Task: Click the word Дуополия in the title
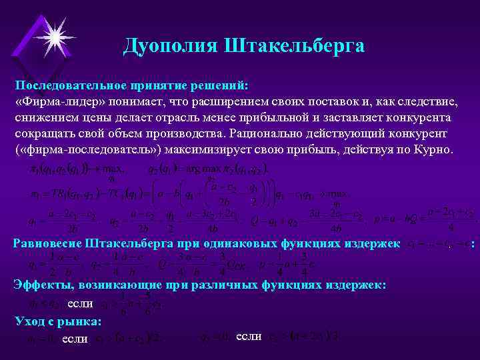coord(171,46)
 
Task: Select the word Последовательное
coord(73,86)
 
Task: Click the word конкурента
coord(419,118)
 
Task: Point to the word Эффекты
coord(43,285)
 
